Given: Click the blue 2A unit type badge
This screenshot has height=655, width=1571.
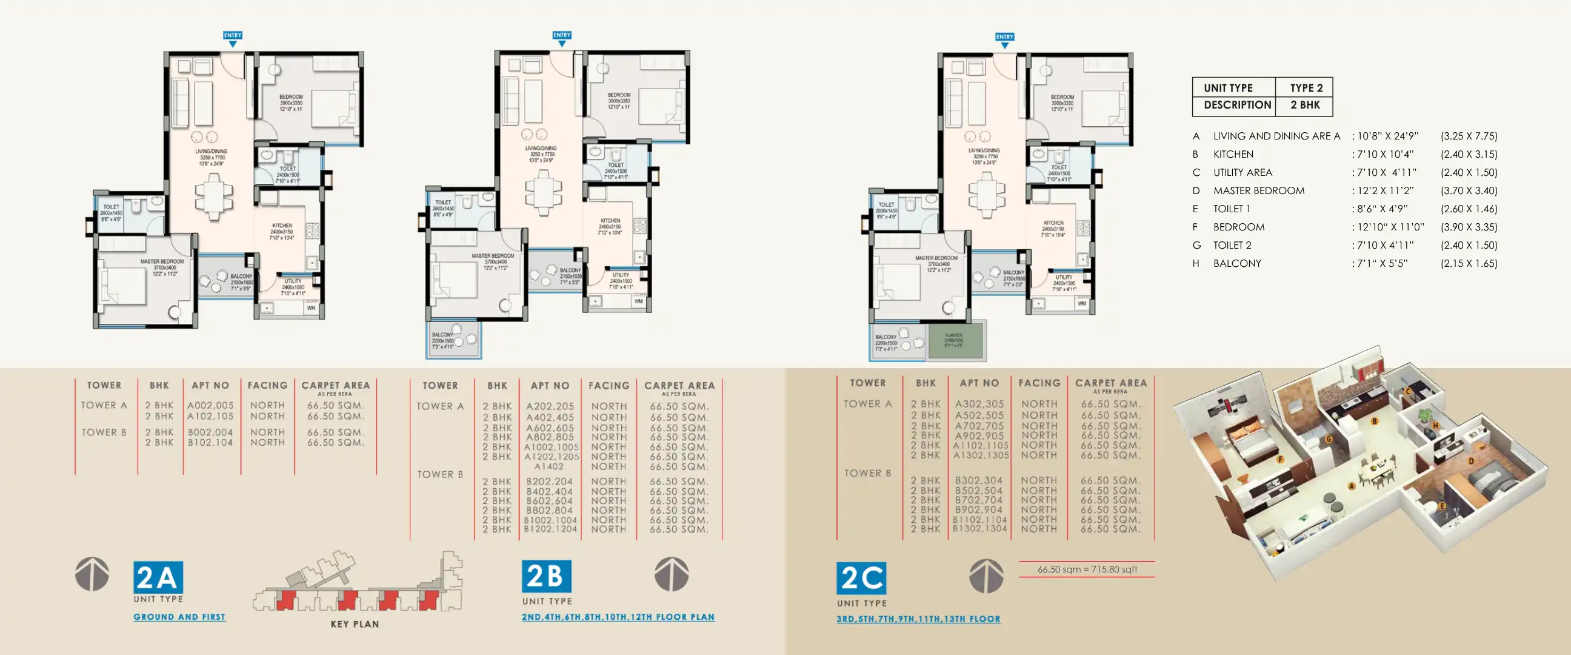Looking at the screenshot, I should (x=158, y=577).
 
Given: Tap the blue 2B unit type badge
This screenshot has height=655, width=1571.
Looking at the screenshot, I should (x=546, y=576).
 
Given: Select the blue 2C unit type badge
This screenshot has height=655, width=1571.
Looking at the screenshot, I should (x=861, y=578).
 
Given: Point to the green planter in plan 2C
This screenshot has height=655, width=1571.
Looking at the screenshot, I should (x=955, y=341).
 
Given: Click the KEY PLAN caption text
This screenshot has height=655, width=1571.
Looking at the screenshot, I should (x=355, y=624).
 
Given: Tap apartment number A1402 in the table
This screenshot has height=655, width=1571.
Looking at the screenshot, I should (x=549, y=466).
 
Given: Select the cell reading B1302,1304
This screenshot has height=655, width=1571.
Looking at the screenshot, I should (x=979, y=529).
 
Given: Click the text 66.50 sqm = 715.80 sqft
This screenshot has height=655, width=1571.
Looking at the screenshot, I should (x=1087, y=569).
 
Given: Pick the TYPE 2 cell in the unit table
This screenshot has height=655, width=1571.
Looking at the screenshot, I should (x=1306, y=88).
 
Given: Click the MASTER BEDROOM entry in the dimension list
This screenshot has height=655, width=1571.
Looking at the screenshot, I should (x=1258, y=190).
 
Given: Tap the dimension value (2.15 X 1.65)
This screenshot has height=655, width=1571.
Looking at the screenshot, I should (x=1469, y=263).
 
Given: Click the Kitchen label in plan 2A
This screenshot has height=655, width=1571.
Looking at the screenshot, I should (x=282, y=226).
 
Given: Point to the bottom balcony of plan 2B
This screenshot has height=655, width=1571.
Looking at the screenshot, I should (x=453, y=341).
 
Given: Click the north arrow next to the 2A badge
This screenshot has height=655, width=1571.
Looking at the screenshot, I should (x=92, y=574).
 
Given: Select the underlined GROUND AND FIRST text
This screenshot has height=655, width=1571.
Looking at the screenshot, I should (x=179, y=617).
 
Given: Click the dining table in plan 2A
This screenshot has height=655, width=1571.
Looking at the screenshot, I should (x=213, y=196).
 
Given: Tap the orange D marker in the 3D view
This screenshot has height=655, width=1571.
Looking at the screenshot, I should (x=1470, y=461).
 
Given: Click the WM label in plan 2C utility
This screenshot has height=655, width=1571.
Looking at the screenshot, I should (x=1081, y=303).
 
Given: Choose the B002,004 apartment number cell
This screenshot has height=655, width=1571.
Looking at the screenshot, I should (x=210, y=432).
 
